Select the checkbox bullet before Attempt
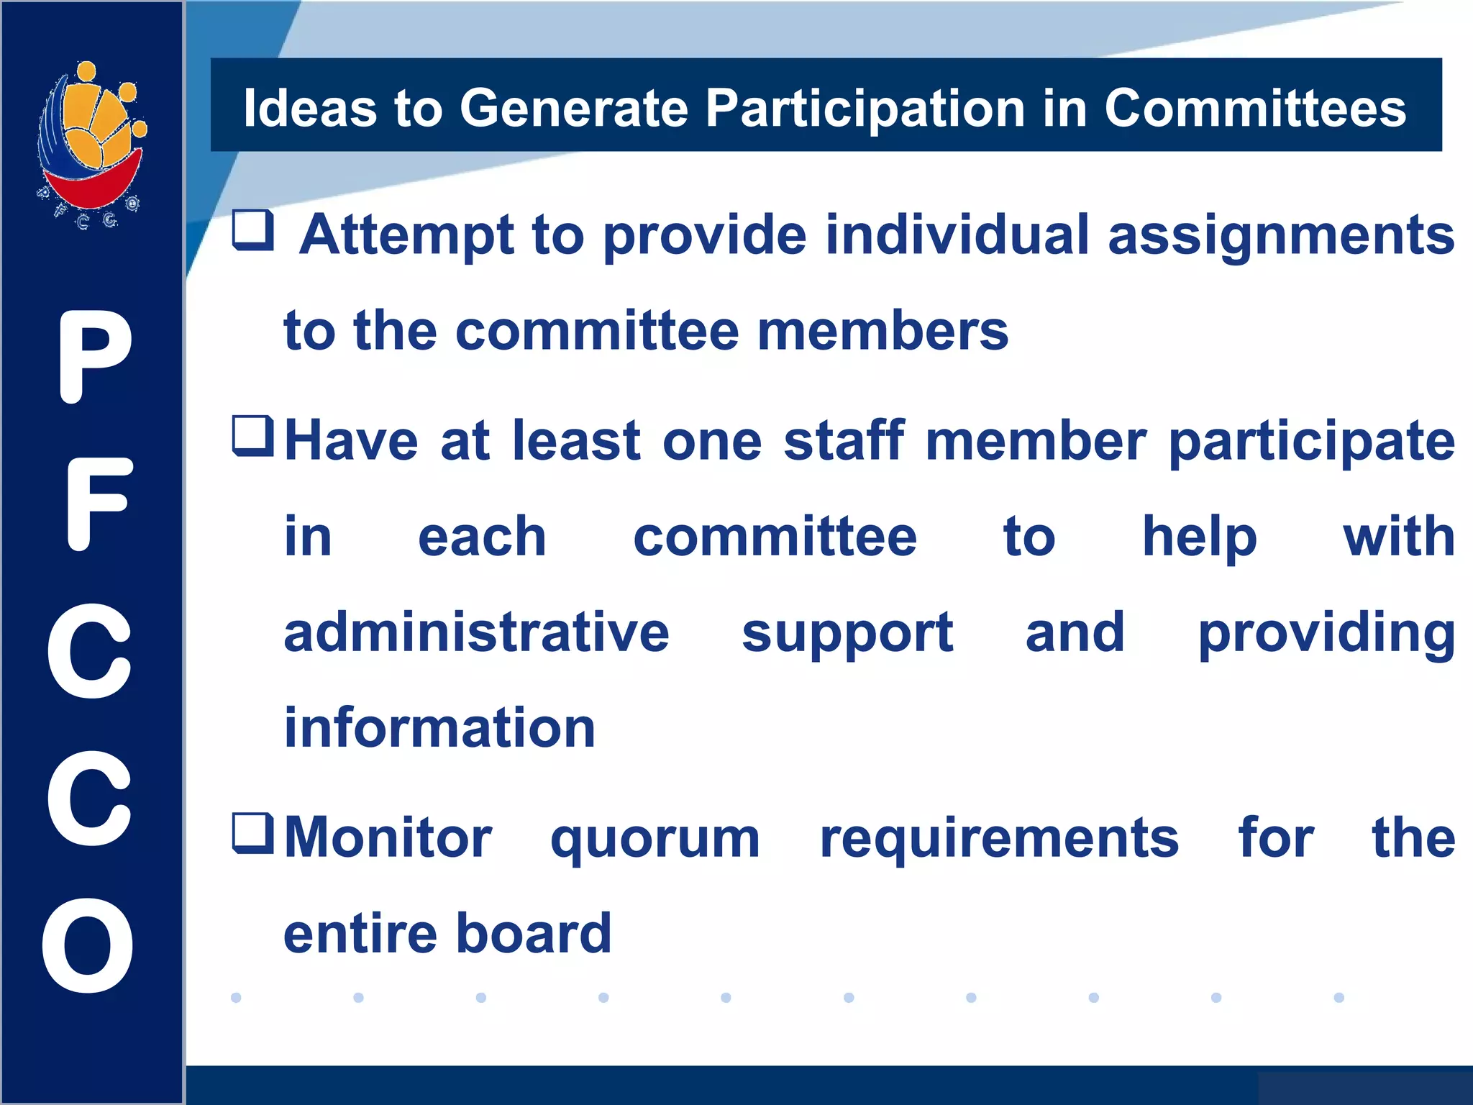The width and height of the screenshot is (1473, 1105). click(x=253, y=230)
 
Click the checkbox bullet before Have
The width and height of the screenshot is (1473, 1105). click(x=253, y=436)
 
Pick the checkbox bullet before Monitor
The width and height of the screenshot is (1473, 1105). click(x=253, y=833)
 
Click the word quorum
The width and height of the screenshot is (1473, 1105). click(x=655, y=839)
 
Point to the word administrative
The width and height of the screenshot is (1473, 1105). click(x=476, y=632)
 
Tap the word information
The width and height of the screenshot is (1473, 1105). click(x=439, y=727)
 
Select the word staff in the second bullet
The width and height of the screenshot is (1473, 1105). click(x=844, y=440)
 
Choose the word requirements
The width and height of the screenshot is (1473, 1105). click(x=999, y=839)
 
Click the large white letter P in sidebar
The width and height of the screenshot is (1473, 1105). click(x=94, y=357)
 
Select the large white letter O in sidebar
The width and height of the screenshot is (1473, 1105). click(x=88, y=945)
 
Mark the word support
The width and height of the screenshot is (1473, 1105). click(x=847, y=634)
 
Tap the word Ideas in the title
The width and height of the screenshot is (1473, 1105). click(x=310, y=109)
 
